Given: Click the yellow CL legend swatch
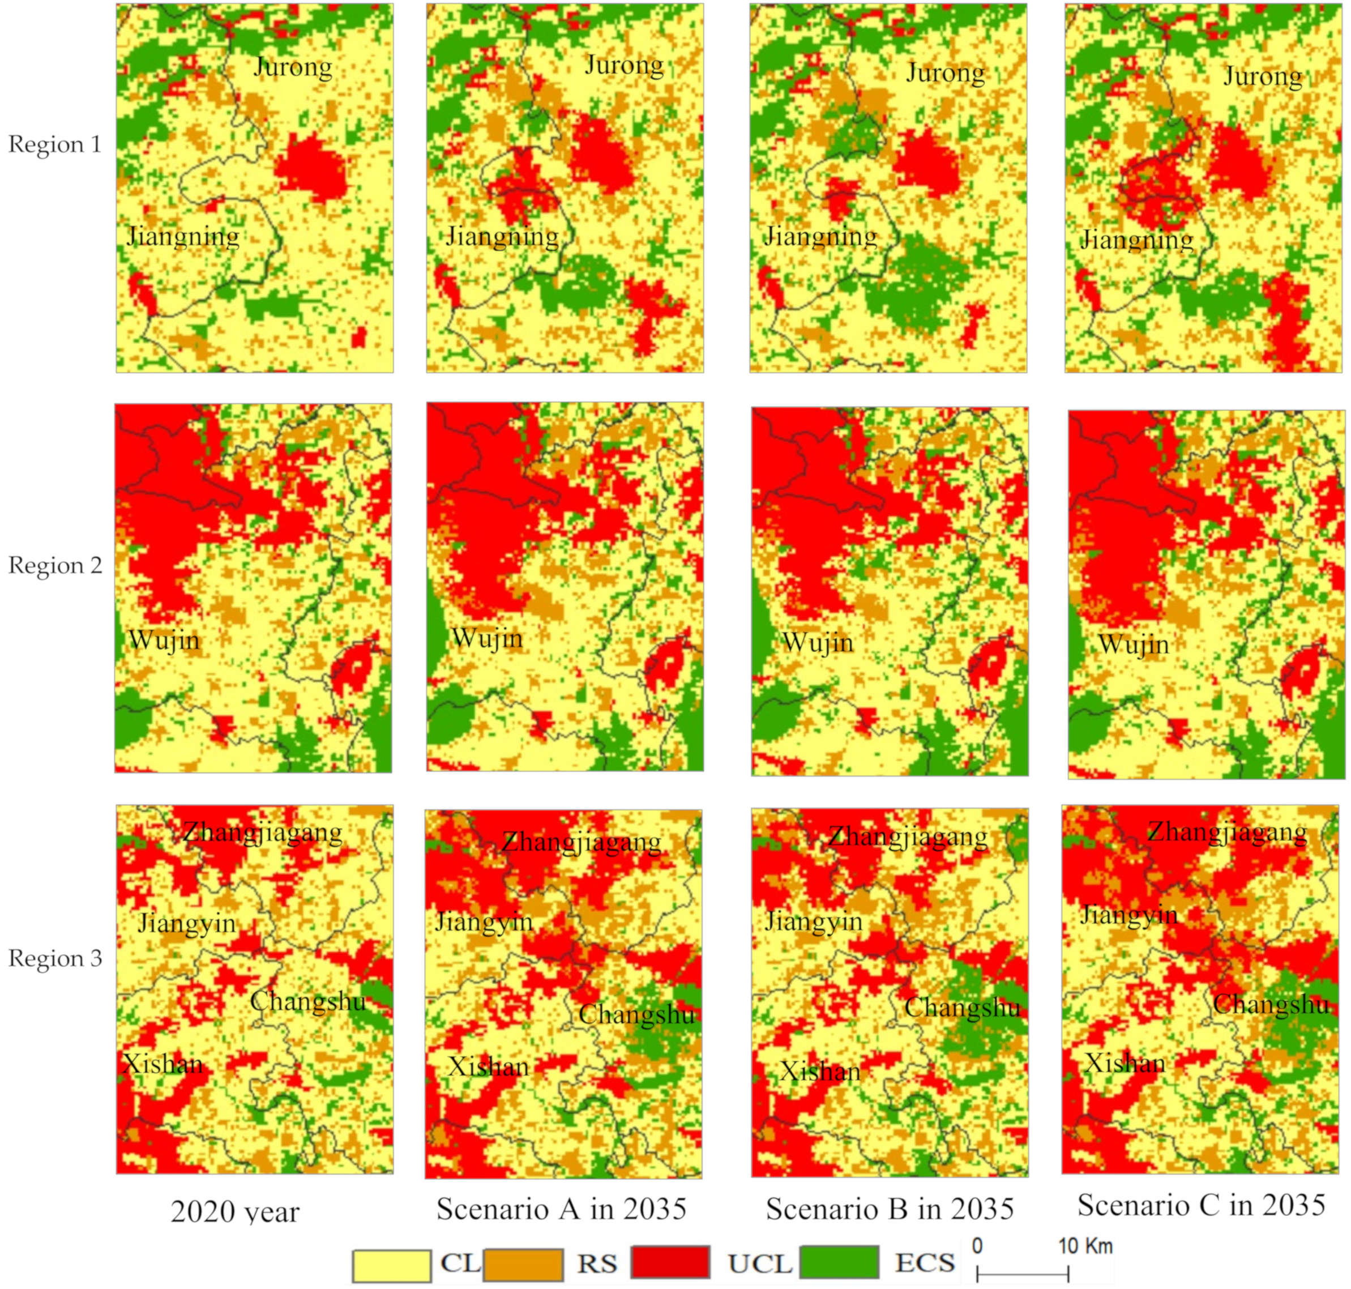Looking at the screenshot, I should pyautogui.click(x=391, y=1264).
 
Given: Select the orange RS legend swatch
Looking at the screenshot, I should pyautogui.click(x=523, y=1264).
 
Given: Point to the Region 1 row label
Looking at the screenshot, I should pyautogui.click(x=55, y=144).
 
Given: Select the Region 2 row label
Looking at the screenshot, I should pyautogui.click(x=55, y=565).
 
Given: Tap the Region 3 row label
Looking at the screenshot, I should pyautogui.click(x=55, y=958).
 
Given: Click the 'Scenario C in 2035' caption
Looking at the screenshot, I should pyautogui.click(x=1200, y=1205).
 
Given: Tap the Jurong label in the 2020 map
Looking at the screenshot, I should pyautogui.click(x=293, y=67).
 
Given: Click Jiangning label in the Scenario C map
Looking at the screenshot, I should pyautogui.click(x=1137, y=240).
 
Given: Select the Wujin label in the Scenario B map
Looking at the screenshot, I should pyautogui.click(x=817, y=642).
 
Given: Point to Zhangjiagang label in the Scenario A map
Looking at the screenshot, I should pyautogui.click(x=581, y=842).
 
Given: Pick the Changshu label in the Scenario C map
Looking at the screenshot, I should pyautogui.click(x=1271, y=1005).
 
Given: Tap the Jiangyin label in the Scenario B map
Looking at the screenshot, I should pyautogui.click(x=813, y=921).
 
